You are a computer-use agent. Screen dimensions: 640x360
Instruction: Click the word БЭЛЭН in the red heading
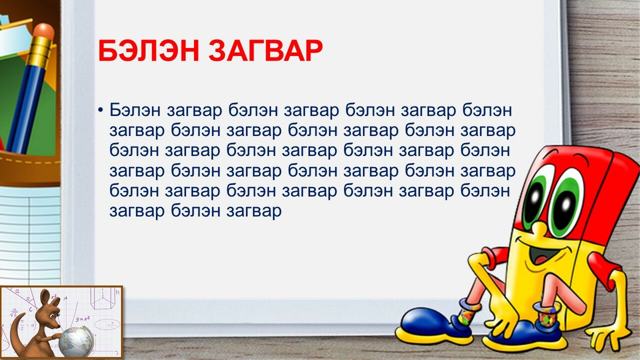point(148,51)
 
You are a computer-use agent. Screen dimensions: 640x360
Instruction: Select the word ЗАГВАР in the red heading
point(265,51)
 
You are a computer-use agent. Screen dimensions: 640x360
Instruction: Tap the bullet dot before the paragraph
point(100,110)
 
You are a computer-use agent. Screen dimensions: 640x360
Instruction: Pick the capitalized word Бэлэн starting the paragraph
point(135,110)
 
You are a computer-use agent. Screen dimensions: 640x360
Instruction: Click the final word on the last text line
point(254,211)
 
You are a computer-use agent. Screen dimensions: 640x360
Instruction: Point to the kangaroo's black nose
point(58,325)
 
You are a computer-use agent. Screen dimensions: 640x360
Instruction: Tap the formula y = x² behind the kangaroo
point(83,318)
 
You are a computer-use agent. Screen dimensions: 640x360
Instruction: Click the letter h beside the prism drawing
point(117,292)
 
